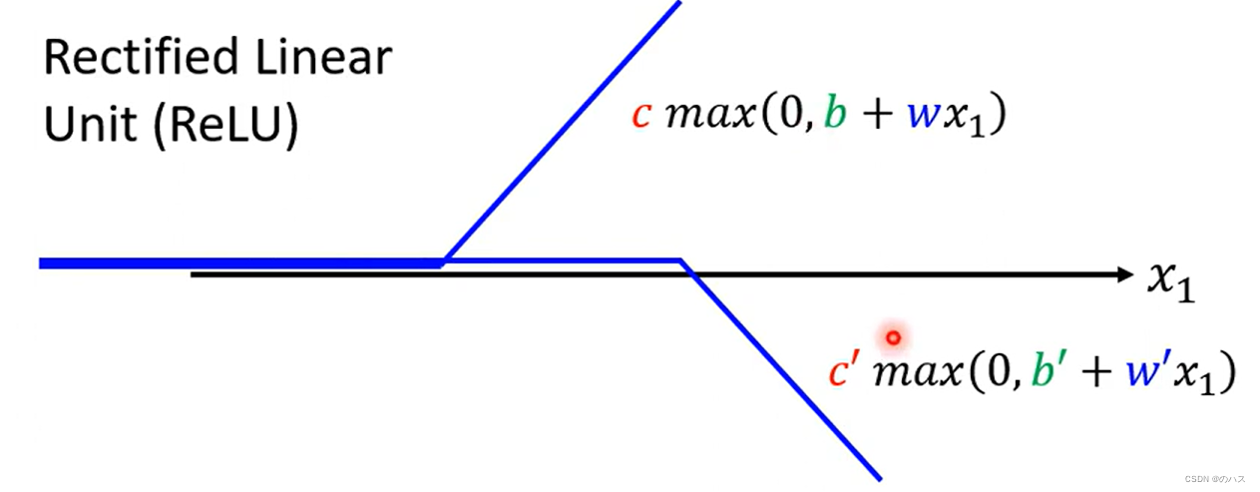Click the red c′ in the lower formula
(x=841, y=372)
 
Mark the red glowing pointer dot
(x=893, y=337)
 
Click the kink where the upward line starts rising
(x=444, y=260)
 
